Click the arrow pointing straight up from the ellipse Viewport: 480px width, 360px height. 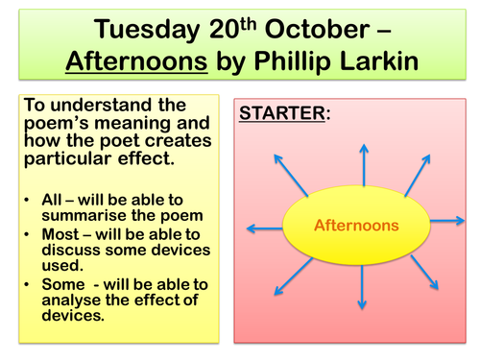(x=363, y=163)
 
